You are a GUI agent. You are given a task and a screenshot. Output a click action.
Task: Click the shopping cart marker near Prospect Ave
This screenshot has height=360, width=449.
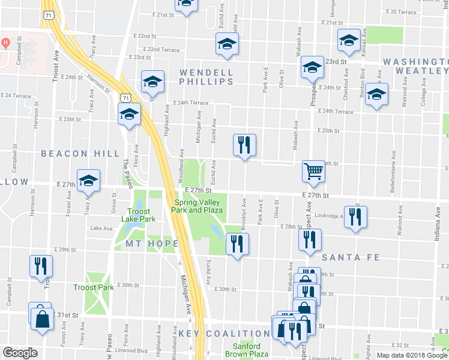click(x=313, y=172)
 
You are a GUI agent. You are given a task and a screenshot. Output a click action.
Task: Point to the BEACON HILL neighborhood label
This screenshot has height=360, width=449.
click(x=80, y=154)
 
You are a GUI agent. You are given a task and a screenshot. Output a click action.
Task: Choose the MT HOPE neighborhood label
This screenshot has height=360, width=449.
click(x=152, y=244)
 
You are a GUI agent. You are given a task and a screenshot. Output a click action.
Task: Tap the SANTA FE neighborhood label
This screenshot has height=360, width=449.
click(x=351, y=257)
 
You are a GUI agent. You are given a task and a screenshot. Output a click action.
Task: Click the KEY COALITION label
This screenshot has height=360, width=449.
click(x=224, y=334)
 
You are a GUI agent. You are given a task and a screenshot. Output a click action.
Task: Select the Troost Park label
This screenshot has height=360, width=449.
click(x=93, y=288)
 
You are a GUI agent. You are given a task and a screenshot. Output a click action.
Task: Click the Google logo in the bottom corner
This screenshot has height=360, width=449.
click(x=20, y=353)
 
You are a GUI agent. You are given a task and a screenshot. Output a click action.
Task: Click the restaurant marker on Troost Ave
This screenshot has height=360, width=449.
click(x=41, y=265)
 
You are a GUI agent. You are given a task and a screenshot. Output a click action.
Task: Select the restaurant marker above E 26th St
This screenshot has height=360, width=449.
click(x=244, y=145)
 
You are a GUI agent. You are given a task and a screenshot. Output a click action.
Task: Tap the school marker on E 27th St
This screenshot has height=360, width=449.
click(x=89, y=180)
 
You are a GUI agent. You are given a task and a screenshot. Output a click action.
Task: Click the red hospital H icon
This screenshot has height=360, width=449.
click(x=7, y=43)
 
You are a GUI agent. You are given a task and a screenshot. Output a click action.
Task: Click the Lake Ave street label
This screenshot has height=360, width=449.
click(x=101, y=228)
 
